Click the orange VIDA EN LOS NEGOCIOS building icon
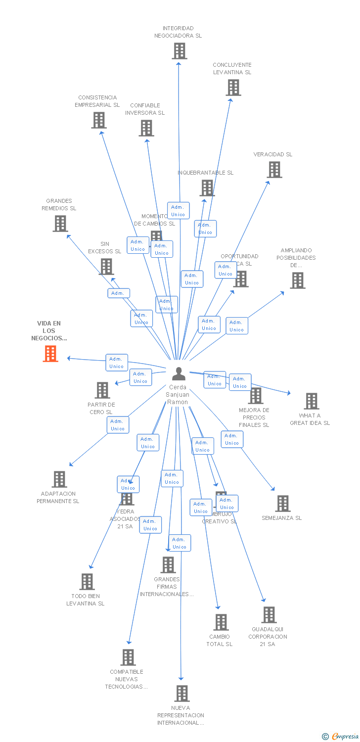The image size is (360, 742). click(50, 354)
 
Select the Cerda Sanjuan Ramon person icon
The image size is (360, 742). click(179, 374)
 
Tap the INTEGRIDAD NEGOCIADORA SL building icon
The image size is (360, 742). click(180, 51)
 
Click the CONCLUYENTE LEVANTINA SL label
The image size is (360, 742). click(232, 68)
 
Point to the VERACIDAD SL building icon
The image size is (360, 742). click(274, 170)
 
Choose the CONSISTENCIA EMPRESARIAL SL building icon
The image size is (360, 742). click(99, 120)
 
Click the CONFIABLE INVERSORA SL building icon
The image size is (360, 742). click(146, 128)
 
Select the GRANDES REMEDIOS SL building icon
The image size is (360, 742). click(60, 224)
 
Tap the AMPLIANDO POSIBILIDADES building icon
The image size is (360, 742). click(297, 280)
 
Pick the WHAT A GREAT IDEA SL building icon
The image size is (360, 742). click(312, 401)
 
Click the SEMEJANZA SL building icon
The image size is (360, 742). click(283, 504)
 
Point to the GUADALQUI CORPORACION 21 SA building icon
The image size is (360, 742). click(269, 615)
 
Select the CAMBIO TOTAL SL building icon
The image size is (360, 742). click(221, 622)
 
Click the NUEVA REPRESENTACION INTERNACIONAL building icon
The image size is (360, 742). click(182, 694)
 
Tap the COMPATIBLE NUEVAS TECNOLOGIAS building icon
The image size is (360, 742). click(128, 657)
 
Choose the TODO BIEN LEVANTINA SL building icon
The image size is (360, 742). click(87, 582)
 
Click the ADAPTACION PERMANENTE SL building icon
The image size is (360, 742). click(59, 479)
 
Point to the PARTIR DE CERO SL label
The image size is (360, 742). click(101, 408)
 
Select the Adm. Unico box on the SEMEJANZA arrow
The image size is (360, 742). click(232, 439)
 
